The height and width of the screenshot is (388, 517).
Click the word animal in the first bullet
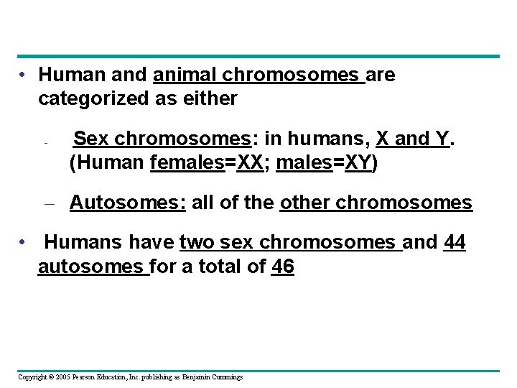(x=185, y=75)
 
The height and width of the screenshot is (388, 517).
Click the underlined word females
(x=187, y=163)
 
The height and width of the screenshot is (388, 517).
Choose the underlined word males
(x=304, y=163)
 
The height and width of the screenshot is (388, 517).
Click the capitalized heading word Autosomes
(x=128, y=203)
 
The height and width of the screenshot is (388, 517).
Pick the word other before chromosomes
(x=305, y=203)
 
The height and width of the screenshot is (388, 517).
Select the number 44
(x=455, y=243)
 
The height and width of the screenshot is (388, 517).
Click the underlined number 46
(x=284, y=267)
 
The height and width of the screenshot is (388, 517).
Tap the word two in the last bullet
(x=198, y=243)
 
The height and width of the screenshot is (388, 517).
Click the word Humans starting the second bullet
(x=77, y=243)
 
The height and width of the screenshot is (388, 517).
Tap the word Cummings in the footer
(x=227, y=377)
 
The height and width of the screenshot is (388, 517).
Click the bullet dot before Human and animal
(x=24, y=75)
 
